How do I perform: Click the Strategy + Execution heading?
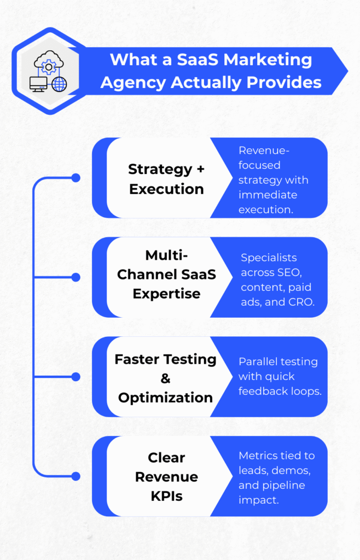pos(166,179)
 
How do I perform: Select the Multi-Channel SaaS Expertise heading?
pos(166,275)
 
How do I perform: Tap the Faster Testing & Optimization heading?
pos(165,378)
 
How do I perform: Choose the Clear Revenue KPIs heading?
pos(166,476)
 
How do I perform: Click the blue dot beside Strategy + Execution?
pos(76,178)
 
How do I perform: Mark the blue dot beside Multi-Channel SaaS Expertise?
pos(76,277)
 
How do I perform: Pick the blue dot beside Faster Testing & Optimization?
pos(76,377)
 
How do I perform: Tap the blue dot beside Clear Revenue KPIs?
pos(76,476)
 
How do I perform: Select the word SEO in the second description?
pos(298,272)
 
